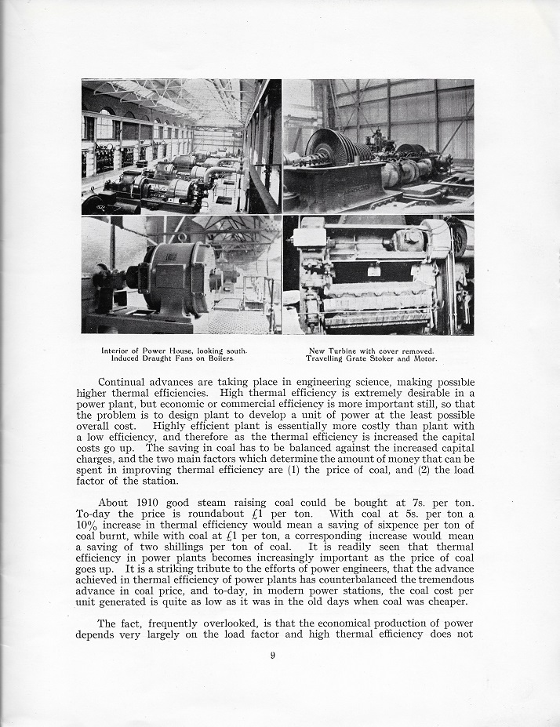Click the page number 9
[272, 657]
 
